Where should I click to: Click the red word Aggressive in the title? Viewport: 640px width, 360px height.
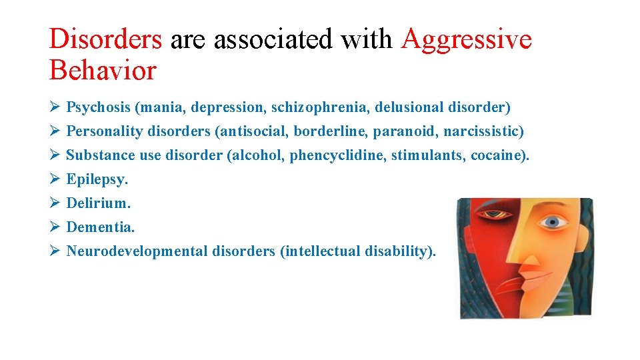tap(467, 40)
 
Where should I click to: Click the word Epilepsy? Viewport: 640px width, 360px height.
tap(97, 179)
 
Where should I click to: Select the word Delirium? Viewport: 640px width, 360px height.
tap(98, 203)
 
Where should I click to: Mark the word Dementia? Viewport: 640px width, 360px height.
tap(100, 227)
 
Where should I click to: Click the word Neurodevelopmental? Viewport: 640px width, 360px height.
tap(137, 251)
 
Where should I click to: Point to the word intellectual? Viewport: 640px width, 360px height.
tap(322, 251)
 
